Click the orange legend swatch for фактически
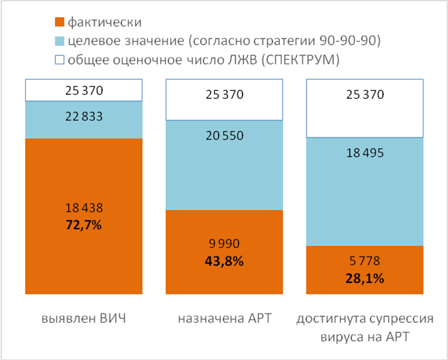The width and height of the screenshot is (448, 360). coord(59,23)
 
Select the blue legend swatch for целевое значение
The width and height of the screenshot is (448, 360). coord(59,42)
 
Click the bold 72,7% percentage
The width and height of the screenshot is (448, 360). coord(84,225)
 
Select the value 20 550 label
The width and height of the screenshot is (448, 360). coord(225,135)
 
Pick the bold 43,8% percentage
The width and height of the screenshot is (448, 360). coord(225,261)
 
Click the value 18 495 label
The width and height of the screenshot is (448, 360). coord(365,152)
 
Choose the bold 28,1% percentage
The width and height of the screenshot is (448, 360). coord(365,279)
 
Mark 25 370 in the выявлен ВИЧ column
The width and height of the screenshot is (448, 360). coord(84,90)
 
